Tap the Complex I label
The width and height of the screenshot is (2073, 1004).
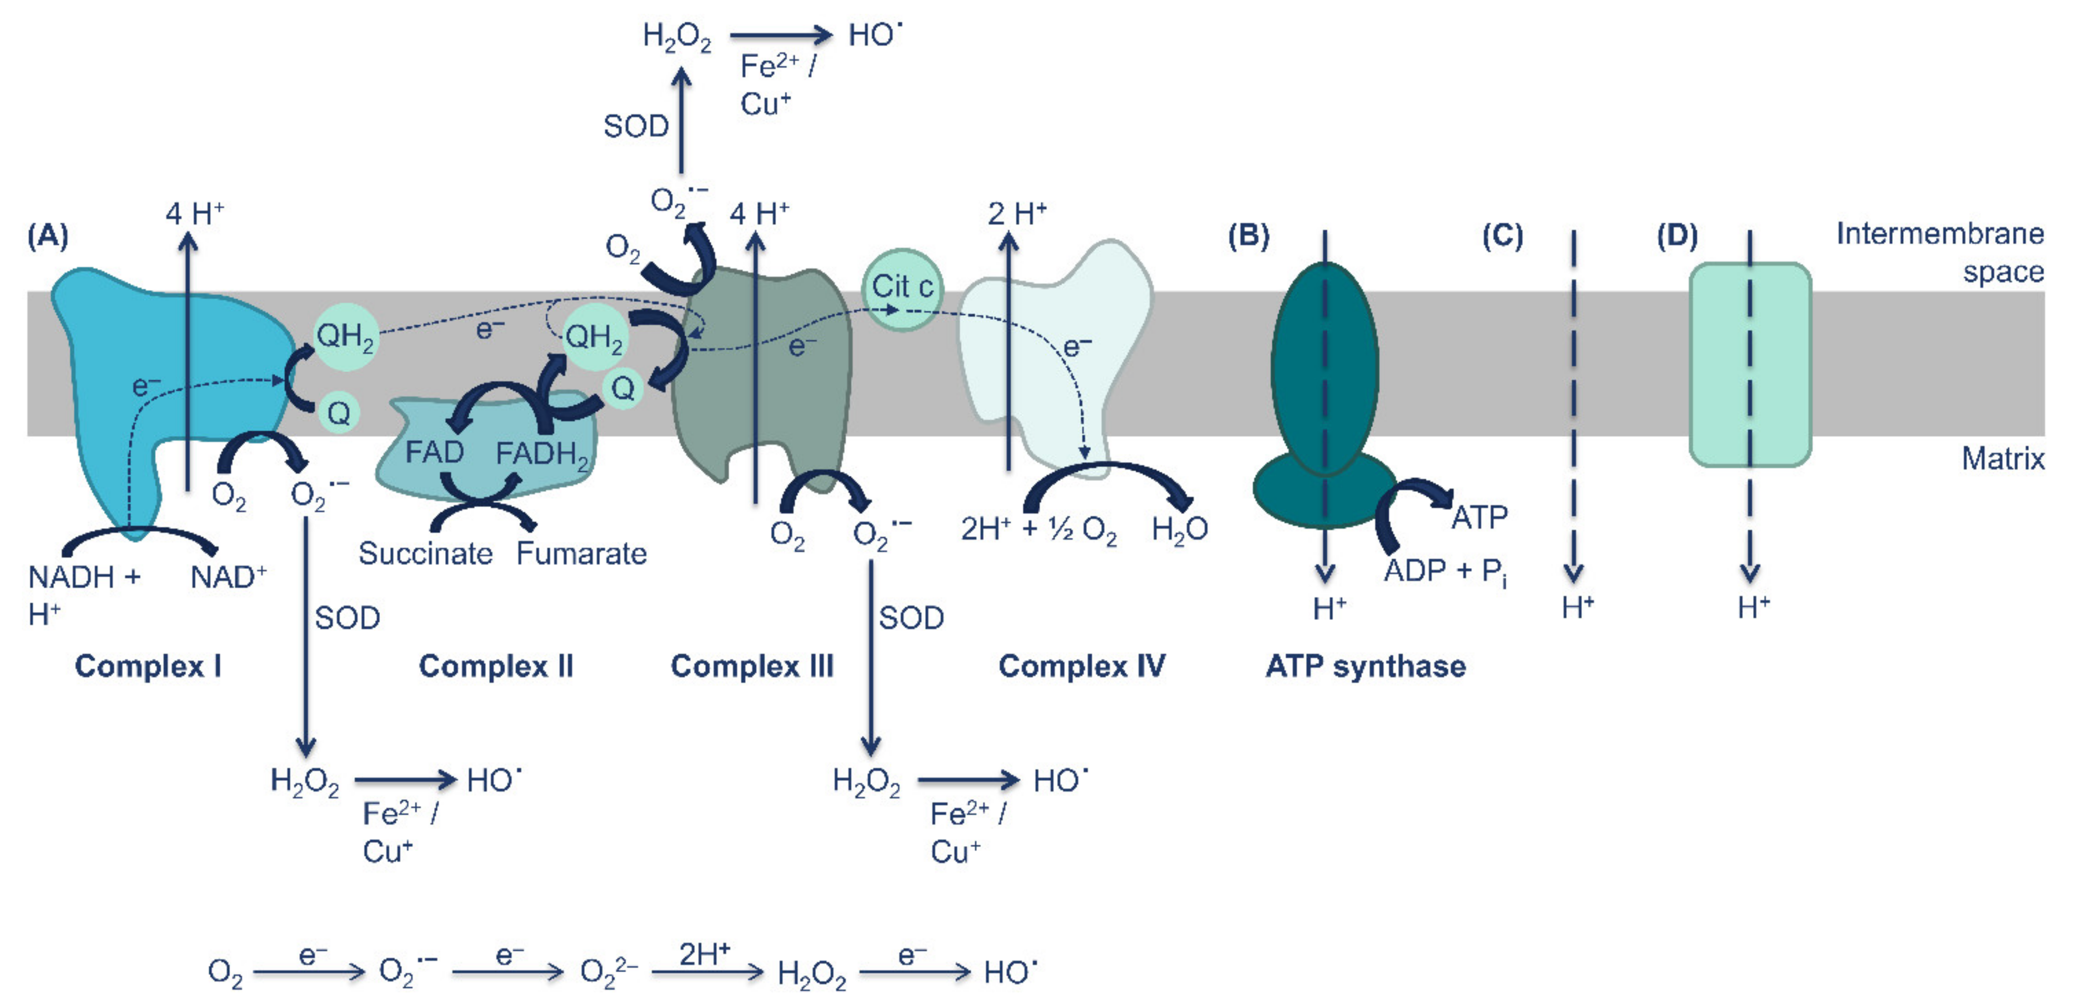tap(148, 666)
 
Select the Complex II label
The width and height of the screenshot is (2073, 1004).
tap(496, 666)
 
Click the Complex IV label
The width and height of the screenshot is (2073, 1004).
tap(1081, 666)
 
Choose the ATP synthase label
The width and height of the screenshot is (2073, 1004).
tap(1366, 666)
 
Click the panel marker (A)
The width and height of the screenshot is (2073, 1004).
tap(47, 237)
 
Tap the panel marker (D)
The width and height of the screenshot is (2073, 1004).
tap(1677, 237)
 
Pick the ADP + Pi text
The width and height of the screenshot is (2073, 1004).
tap(1445, 571)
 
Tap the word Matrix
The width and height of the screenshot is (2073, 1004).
tap(2002, 459)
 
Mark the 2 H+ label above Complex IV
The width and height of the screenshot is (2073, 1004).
tap(1017, 214)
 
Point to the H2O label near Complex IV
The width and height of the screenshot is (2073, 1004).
tap(1179, 529)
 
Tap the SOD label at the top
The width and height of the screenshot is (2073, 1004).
tap(636, 126)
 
